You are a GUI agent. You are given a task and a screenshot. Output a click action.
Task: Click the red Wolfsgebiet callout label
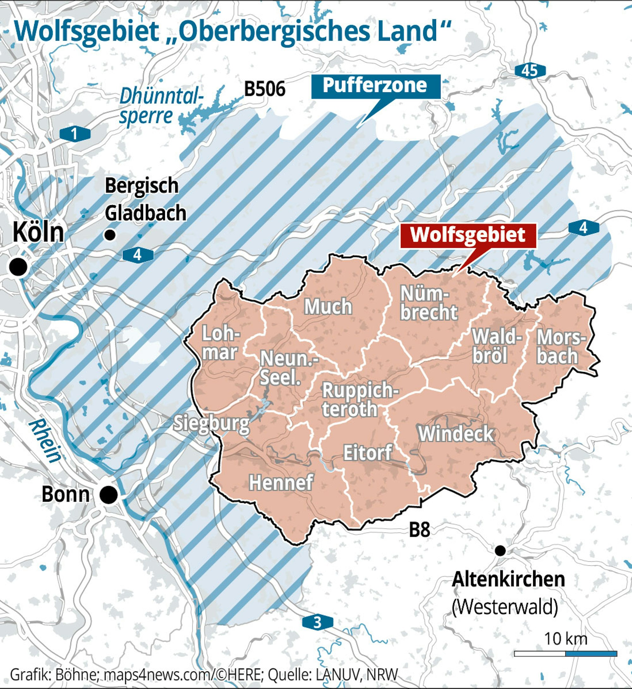click(468, 236)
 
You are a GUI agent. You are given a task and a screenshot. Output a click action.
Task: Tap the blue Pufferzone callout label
click(375, 86)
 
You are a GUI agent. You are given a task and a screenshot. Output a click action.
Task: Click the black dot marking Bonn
click(109, 495)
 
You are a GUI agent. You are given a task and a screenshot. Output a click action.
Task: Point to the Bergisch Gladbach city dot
click(110, 235)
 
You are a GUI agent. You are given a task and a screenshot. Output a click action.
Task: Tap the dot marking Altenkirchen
click(500, 551)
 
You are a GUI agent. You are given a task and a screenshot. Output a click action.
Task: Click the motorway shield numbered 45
click(530, 71)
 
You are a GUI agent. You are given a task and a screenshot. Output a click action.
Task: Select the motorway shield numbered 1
click(75, 134)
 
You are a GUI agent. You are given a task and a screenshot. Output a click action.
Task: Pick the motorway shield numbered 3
click(317, 622)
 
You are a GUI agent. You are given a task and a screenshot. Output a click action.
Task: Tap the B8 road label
click(419, 530)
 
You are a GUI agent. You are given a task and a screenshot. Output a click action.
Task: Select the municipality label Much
click(328, 307)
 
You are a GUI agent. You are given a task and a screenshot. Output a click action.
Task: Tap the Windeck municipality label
click(456, 434)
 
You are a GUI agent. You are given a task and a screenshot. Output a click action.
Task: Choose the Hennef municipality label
click(281, 483)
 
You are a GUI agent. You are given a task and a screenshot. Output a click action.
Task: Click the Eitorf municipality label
click(367, 453)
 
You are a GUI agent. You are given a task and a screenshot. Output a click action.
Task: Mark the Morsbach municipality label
click(560, 347)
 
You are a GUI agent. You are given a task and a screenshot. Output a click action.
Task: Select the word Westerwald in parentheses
click(504, 607)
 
